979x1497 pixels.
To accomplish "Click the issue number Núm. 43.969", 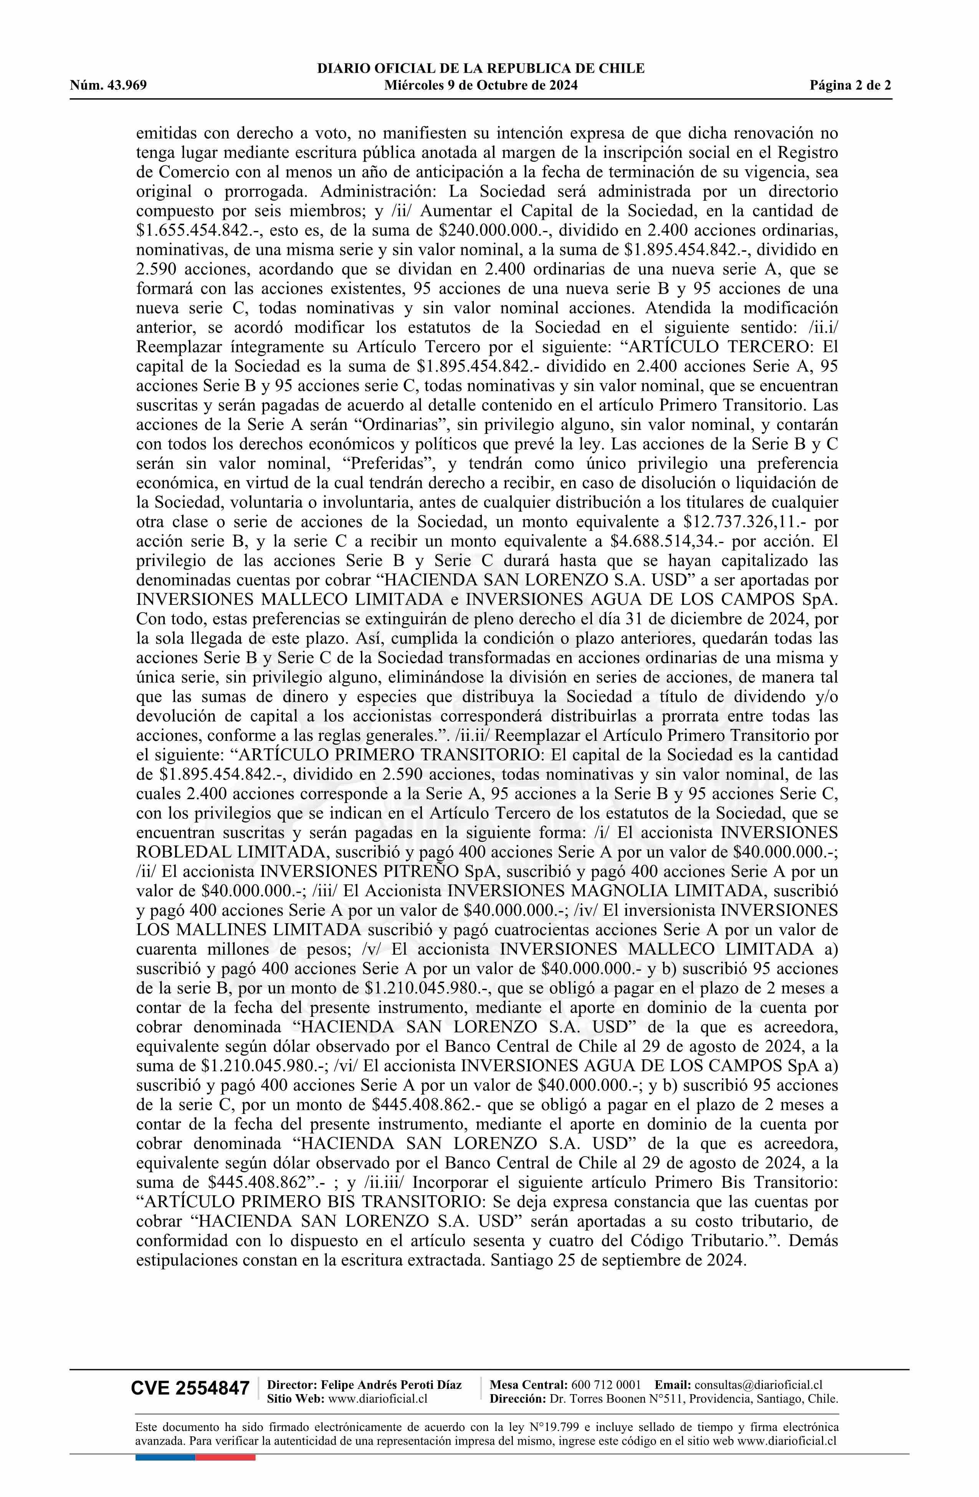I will (x=108, y=86).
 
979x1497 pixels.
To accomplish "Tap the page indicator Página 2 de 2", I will (x=851, y=86).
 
